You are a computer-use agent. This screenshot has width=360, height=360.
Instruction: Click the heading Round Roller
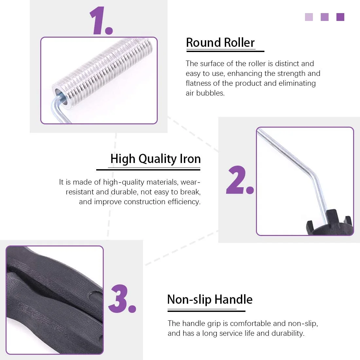coord(220,43)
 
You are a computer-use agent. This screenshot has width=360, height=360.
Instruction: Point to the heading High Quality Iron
coord(155,159)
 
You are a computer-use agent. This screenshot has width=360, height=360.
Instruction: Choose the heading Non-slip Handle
coord(210,300)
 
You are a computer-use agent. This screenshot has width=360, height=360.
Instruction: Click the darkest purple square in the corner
coord(340,17)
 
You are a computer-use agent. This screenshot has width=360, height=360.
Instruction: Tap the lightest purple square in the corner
coord(309,17)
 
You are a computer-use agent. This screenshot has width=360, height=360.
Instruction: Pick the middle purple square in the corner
coord(325,17)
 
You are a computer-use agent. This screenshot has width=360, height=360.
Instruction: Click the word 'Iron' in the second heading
coord(190,159)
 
